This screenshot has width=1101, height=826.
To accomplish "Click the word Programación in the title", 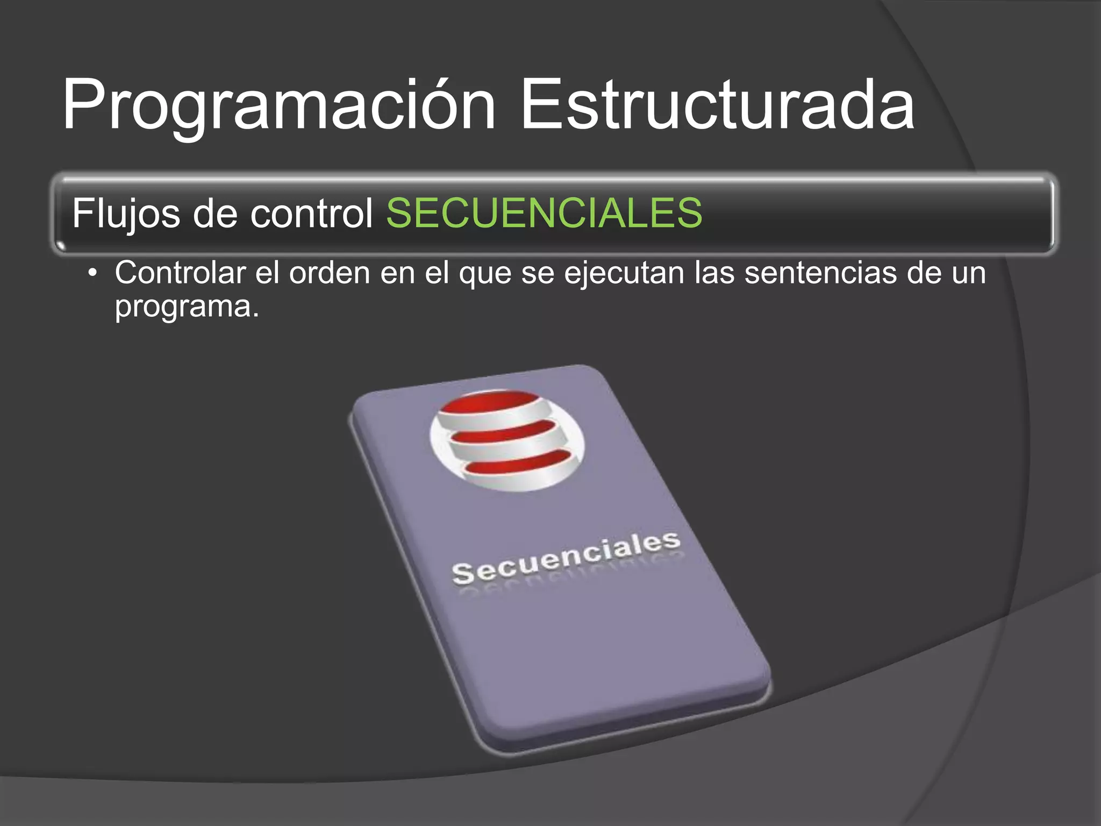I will (x=278, y=105).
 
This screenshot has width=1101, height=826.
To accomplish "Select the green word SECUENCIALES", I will (x=544, y=213).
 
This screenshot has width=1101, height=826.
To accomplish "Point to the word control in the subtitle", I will (x=312, y=213).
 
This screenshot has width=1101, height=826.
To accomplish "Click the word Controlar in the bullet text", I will (x=180, y=273).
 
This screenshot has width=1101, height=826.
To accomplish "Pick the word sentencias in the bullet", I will (x=820, y=273).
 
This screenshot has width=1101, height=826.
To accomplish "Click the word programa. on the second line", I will (x=187, y=308).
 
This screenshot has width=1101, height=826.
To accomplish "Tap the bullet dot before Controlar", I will (x=94, y=273).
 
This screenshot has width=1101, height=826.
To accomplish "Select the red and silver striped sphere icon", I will (x=507, y=440).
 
